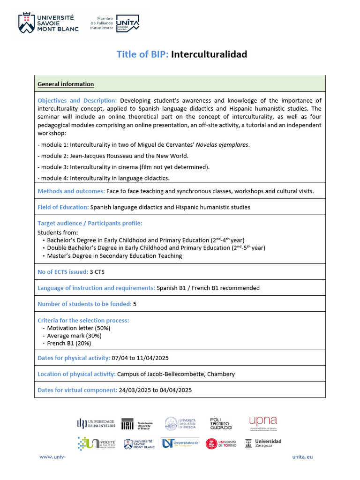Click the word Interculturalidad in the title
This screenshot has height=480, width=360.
pyautogui.click(x=209, y=54)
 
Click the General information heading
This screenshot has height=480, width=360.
pyautogui.click(x=66, y=84)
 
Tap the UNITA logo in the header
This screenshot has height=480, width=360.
pyautogui.click(x=127, y=23)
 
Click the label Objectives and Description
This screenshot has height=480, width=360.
pyautogui.click(x=77, y=101)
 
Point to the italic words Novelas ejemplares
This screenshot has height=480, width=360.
pyautogui.click(x=225, y=145)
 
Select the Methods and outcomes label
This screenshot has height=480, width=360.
pyautogui.click(x=71, y=191)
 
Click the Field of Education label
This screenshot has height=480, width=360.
pyautogui.click(x=63, y=207)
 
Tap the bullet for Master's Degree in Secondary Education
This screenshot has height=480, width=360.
pyautogui.click(x=44, y=256)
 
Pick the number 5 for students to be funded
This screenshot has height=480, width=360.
pyautogui.click(x=135, y=304)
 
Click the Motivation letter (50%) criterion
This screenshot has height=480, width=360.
pyautogui.click(x=79, y=328)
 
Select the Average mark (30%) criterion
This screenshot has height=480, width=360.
pyautogui.click(x=74, y=336)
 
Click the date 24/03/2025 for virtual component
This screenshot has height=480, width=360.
pyautogui.click(x=135, y=390)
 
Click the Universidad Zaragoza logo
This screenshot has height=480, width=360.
pyautogui.click(x=268, y=443)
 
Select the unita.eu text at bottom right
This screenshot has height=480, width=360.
pyautogui.click(x=302, y=457)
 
